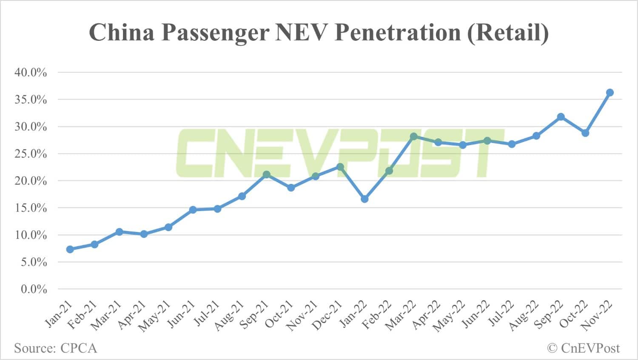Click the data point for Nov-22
[x=610, y=92]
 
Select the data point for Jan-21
[x=70, y=249]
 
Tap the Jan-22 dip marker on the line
[x=365, y=199]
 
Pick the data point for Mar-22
[x=413, y=136]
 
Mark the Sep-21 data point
[x=266, y=174]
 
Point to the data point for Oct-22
[x=585, y=133]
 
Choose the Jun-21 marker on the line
[x=193, y=210]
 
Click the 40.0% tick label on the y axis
[x=31, y=72]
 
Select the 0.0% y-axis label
[x=34, y=289]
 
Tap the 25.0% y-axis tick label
[x=31, y=154]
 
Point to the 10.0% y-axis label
[x=31, y=235]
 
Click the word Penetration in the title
[x=397, y=32]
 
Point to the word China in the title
[x=121, y=32]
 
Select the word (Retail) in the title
[x=508, y=32]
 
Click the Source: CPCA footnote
[x=56, y=348]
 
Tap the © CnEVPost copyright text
[x=583, y=348]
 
